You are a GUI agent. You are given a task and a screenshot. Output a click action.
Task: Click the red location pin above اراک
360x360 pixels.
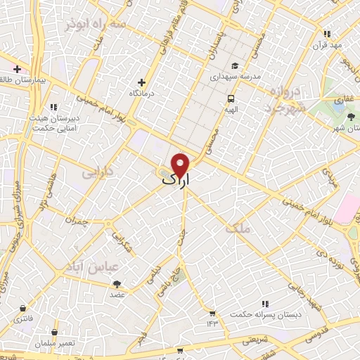tap(181, 165)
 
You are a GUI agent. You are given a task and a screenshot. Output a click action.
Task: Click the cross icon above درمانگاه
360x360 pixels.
tap(143, 82)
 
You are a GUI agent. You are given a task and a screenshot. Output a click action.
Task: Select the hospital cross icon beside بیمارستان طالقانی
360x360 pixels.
tap(18, 70)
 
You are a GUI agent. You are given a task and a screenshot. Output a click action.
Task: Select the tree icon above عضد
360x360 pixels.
tap(117, 284)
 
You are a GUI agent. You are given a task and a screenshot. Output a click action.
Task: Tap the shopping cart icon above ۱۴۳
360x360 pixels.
tap(212, 313)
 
